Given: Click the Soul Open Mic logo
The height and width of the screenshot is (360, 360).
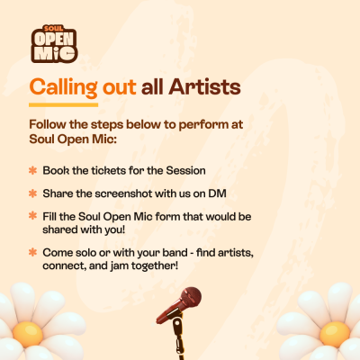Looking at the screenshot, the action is coord(54,44).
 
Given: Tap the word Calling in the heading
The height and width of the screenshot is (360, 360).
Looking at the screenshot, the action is coord(64,88).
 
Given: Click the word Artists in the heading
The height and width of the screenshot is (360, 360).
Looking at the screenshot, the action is coord(204,87).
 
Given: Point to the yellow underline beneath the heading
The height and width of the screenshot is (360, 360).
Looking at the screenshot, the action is coord(64,105).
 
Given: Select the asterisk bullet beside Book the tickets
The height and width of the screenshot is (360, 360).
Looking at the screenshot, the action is coord(32,170).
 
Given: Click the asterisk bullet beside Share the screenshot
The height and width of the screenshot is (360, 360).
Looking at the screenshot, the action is coord(32,193).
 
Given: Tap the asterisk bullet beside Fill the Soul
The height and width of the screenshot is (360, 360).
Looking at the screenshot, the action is coord(32,215).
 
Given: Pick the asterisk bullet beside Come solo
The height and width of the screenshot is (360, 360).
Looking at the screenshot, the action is coord(32,252).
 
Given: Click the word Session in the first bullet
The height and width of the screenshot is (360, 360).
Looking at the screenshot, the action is coord(186,170).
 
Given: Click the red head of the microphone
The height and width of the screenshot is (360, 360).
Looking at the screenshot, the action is coord(191,296).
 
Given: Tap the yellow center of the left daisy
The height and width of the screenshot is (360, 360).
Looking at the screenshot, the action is coord(28,334).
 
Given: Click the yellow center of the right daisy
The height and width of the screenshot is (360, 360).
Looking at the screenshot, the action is coord(335,334).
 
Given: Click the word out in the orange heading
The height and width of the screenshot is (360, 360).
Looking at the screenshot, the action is coord(120,87).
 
